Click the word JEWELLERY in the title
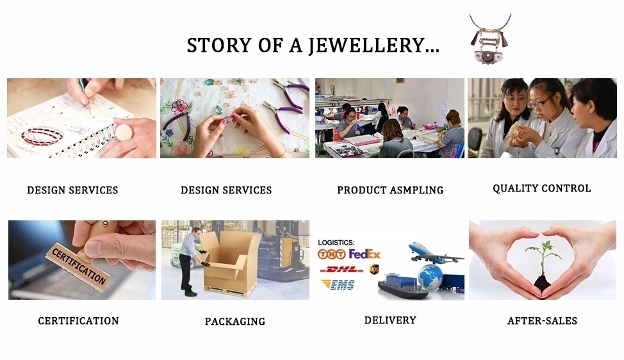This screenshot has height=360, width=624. coord(374,45)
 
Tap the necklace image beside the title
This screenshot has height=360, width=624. coord(490,38)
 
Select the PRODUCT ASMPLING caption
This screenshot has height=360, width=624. coord(390,190)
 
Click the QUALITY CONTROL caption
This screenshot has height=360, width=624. coord(541,188)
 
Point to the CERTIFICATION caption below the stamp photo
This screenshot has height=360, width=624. coord(78,321)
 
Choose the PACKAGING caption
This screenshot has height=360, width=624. coord(234,322)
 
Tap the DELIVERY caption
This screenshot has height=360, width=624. coord(390,320)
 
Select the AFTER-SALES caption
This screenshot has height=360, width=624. coord(542,321)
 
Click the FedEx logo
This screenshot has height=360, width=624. coord(365,254)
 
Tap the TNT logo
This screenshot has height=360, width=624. coord(331,254)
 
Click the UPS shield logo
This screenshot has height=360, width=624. coord(374,269)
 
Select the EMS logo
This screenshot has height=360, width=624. coord(338,285)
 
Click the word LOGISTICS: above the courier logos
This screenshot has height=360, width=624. coord(336,242)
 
